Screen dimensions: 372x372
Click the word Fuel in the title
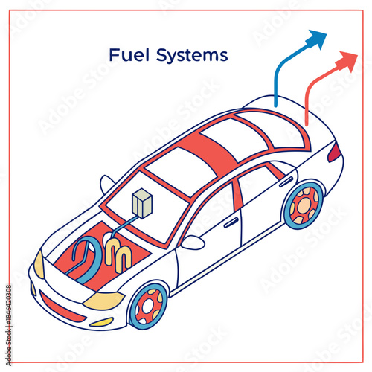coord(125,55)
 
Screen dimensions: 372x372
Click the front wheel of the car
coord(148,307)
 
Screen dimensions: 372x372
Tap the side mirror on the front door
coord(193,243)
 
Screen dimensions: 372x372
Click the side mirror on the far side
coord(107,182)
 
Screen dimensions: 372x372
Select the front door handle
coord(231,222)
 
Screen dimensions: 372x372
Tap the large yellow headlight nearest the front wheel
coord(103,300)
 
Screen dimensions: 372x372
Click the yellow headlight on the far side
coord(39,263)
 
